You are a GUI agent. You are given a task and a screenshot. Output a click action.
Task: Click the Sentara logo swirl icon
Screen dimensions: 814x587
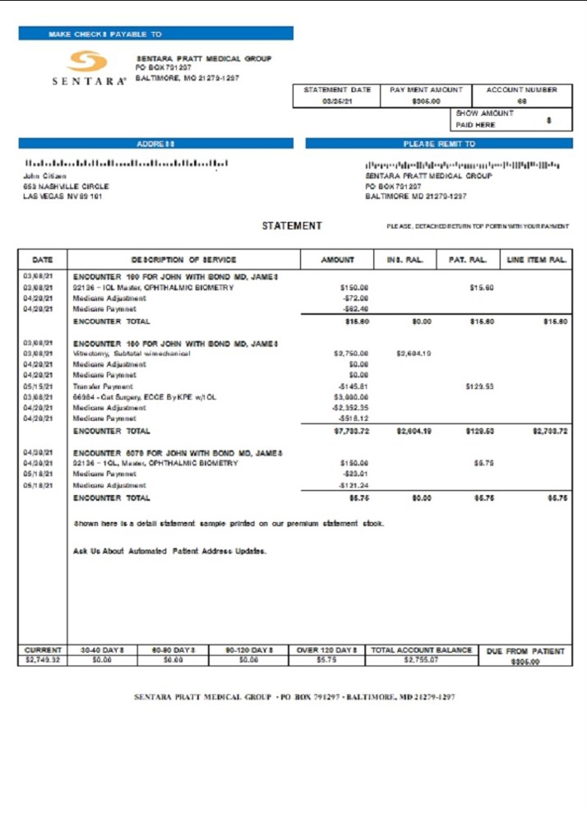(x=88, y=62)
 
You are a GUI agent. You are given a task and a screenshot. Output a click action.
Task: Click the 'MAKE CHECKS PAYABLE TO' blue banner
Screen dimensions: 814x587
(x=155, y=34)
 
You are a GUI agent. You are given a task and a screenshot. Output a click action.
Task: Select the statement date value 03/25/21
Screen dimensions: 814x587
(x=337, y=101)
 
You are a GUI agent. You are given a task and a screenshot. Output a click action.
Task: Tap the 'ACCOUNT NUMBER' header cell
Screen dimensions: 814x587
(x=521, y=90)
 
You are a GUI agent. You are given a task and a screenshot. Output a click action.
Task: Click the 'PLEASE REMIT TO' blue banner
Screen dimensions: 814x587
(x=439, y=143)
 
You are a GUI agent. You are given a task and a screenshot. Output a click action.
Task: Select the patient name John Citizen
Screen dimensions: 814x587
(x=45, y=176)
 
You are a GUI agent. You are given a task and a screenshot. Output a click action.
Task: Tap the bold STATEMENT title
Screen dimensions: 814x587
(x=292, y=226)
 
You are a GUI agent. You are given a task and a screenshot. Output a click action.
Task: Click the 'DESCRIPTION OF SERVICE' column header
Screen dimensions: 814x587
(x=183, y=260)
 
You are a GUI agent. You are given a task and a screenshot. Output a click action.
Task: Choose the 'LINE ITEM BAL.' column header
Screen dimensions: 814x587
(x=537, y=260)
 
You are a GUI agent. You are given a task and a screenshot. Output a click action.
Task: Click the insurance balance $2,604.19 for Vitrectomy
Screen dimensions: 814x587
(x=414, y=354)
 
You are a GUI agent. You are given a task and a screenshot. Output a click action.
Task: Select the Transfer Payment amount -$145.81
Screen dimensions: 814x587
(x=352, y=386)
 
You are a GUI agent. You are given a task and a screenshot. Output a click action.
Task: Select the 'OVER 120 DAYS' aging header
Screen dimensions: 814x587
(x=326, y=650)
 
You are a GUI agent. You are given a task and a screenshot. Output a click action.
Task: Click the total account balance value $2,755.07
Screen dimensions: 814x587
(x=421, y=659)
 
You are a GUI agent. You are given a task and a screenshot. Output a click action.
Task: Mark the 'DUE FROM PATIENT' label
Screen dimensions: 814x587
(x=525, y=651)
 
